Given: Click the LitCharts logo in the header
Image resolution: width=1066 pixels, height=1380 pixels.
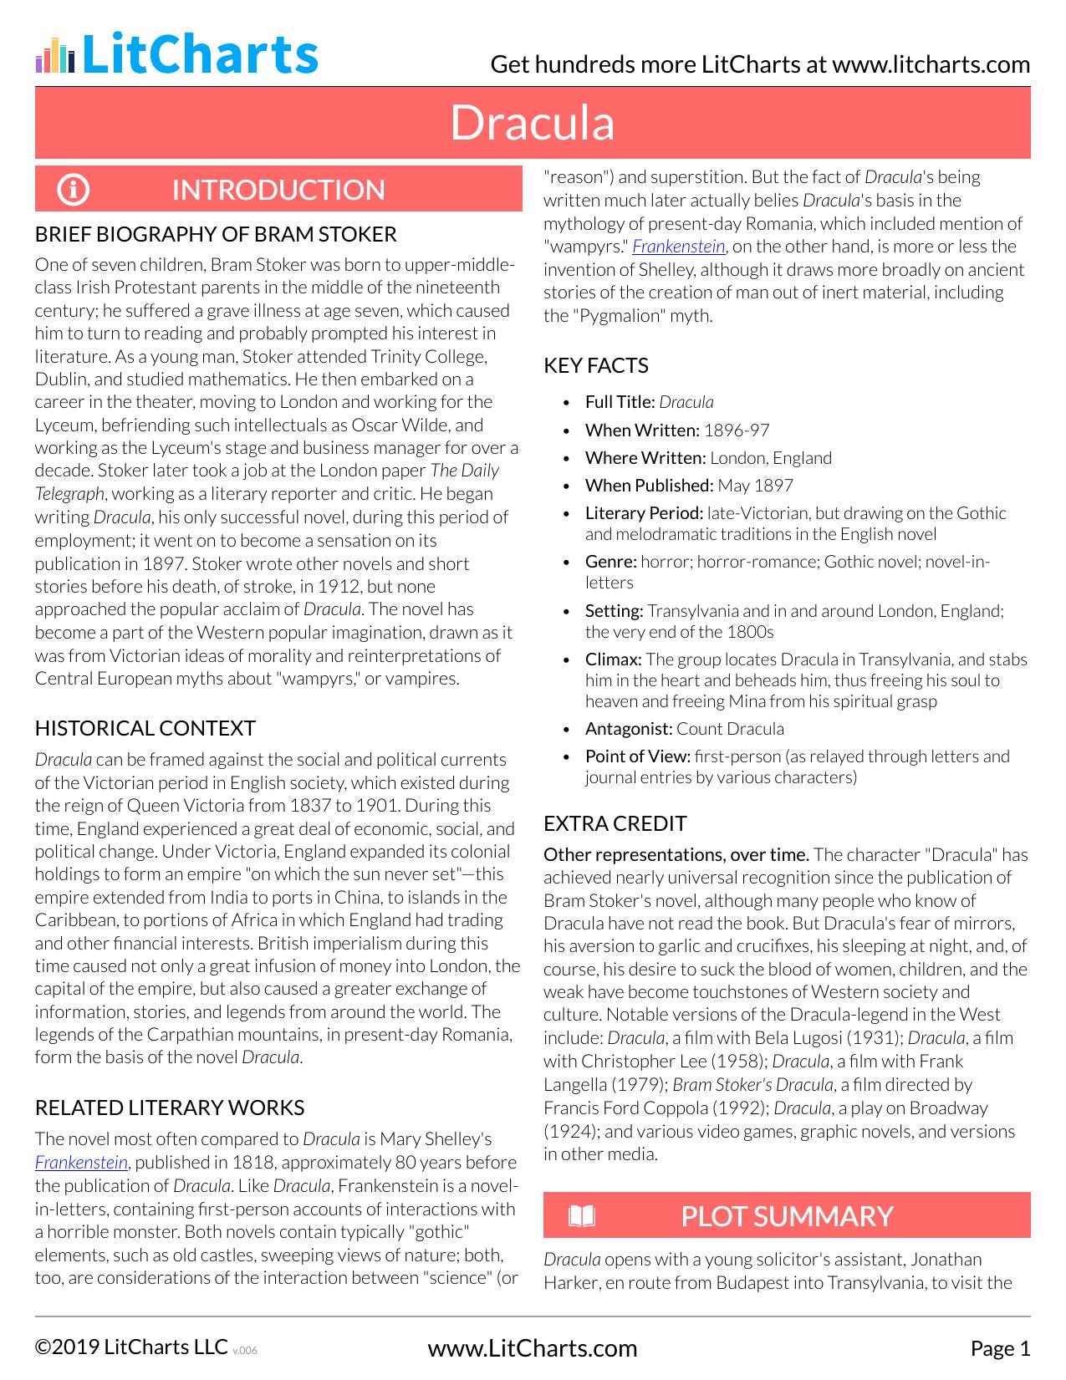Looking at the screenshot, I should click(176, 54).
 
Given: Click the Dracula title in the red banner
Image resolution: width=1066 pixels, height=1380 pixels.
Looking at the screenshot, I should click(533, 123).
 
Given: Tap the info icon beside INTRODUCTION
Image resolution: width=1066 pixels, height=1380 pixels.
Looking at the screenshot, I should click(73, 190).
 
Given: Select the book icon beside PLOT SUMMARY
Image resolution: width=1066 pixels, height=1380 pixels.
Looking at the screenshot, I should click(582, 1215).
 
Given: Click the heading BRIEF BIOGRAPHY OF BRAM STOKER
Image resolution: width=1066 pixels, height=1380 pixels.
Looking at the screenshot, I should click(216, 234).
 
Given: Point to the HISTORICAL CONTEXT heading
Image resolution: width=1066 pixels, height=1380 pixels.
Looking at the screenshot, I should click(145, 728).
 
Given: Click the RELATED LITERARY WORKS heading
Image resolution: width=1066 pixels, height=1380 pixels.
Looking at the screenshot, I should click(169, 1108).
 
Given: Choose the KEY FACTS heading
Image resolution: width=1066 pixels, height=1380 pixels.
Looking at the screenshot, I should click(595, 365).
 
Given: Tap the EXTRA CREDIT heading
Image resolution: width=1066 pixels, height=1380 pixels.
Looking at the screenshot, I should click(615, 823).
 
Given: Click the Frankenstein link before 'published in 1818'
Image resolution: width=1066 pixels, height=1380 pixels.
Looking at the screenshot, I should click(81, 1162).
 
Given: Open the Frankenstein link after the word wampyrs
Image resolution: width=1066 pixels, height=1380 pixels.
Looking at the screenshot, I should click(678, 246).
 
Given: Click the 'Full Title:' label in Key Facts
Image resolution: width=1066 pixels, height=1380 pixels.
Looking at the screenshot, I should click(620, 402).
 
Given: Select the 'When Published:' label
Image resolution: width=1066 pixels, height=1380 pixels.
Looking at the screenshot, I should click(649, 486).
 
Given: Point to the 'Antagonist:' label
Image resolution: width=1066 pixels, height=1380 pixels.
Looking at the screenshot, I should click(628, 729).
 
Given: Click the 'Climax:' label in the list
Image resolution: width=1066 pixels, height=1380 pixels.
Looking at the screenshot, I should click(613, 659).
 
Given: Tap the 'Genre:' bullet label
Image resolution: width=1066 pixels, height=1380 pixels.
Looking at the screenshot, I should click(610, 562).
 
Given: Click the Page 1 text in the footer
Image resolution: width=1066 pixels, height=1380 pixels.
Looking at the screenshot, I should click(1000, 1348).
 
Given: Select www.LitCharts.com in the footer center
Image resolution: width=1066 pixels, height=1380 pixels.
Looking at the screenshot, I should click(532, 1348).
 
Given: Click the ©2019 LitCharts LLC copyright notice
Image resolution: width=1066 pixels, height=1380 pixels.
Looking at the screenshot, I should click(131, 1347).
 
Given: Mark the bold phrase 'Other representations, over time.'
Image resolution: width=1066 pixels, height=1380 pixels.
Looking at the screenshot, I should click(676, 854).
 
